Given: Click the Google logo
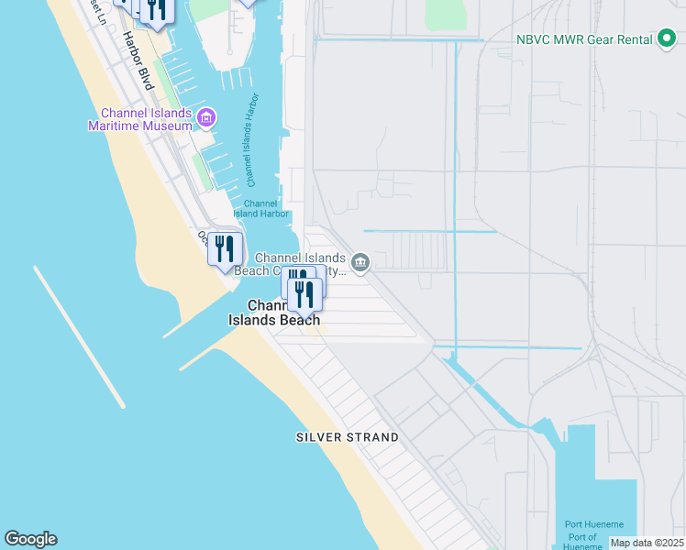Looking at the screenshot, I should point(30,539).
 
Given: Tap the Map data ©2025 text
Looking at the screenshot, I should point(647,543).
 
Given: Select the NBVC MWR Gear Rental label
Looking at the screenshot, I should point(582,39).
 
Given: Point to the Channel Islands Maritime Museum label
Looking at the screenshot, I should point(140,119).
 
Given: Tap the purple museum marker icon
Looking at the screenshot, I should point(207,118).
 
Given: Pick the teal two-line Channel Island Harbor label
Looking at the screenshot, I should point(261,208).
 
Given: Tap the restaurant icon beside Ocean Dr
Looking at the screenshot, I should point(225,248).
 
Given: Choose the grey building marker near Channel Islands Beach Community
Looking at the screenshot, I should point(360,264).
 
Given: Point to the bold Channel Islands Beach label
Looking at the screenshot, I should point(274,313).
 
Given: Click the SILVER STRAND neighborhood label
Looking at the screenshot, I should point(347,437).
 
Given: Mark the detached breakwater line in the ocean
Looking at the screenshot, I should point(79,336).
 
